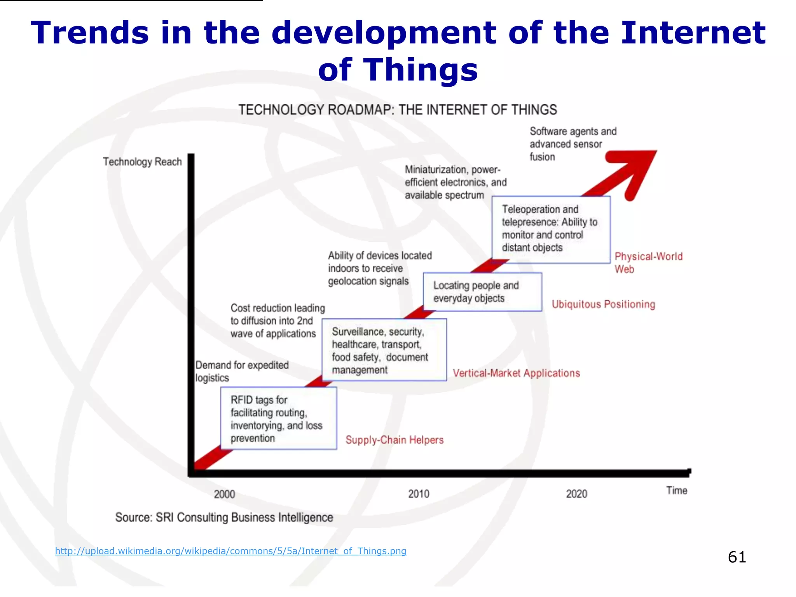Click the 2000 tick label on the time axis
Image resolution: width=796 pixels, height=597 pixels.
click(x=224, y=494)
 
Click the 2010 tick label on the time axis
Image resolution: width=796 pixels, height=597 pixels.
click(x=419, y=494)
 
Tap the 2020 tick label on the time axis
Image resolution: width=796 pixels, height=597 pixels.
click(x=576, y=494)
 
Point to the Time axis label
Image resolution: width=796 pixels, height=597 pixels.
click(x=677, y=491)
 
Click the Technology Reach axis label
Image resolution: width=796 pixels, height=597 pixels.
click(x=142, y=162)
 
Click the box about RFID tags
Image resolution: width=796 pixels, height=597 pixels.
click(x=278, y=419)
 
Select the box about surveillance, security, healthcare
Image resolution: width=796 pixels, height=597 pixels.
click(x=384, y=350)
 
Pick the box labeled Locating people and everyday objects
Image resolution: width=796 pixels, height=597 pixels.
click(x=482, y=292)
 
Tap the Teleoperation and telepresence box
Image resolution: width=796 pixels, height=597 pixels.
click(x=551, y=229)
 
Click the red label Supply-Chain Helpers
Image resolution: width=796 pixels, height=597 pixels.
click(x=395, y=440)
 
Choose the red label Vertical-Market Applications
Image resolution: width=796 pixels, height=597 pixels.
click(x=516, y=373)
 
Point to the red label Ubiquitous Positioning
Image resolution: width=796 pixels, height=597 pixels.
click(x=603, y=304)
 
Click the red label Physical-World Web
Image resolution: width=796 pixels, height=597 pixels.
click(x=648, y=262)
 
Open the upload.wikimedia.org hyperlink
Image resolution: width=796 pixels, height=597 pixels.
click(x=230, y=551)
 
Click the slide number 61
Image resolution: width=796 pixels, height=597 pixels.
click(x=737, y=557)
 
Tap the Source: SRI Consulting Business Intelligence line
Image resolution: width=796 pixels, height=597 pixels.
click(x=224, y=517)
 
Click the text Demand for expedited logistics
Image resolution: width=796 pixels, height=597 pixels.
click(x=242, y=371)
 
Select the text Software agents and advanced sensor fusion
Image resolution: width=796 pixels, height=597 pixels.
click(x=573, y=144)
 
